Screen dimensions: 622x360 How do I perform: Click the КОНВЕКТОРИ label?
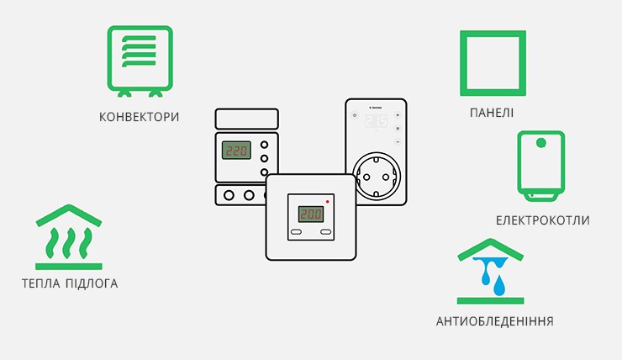140,117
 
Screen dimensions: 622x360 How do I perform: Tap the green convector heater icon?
140,61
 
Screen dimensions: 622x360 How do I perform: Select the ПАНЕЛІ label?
492,113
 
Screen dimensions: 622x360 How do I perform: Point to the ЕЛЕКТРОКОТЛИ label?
542,220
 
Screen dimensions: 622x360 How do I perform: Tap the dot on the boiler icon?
541,142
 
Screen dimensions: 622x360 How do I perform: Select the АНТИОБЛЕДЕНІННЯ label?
495,321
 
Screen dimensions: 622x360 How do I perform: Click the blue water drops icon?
491,275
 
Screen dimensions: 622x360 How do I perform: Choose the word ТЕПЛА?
41,283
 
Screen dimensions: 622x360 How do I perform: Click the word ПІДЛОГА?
92,283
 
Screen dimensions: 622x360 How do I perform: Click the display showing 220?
236,151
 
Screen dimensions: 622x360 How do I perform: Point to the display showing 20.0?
311,214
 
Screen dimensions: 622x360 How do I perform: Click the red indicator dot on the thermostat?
328,202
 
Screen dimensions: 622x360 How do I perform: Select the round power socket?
377,177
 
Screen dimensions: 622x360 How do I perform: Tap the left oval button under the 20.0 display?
297,232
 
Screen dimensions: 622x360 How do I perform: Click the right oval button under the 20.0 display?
325,232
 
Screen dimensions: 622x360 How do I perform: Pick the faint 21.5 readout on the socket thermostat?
376,121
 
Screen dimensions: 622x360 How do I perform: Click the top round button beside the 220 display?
264,145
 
